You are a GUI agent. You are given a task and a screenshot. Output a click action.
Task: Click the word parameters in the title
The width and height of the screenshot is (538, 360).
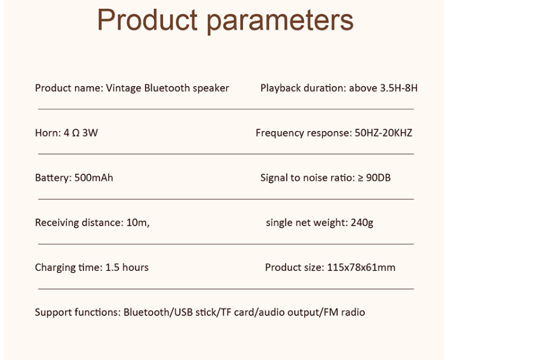click(280, 21)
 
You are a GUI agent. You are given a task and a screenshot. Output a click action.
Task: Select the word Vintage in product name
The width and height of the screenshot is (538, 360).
click(123, 88)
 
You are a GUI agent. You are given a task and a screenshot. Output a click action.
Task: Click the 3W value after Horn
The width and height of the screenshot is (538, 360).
click(90, 133)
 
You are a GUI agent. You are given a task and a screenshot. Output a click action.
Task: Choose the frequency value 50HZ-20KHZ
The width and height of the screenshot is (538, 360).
click(384, 133)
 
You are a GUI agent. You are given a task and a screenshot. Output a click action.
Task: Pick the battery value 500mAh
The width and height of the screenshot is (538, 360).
click(94, 178)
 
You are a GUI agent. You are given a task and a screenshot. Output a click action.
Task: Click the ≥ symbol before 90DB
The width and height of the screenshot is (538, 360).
click(361, 178)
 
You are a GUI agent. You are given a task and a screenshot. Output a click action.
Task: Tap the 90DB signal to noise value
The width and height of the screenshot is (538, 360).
click(378, 178)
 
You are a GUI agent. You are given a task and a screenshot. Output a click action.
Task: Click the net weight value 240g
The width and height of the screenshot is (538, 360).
click(362, 223)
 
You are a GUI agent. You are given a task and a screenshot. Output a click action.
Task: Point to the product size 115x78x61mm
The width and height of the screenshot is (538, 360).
click(361, 268)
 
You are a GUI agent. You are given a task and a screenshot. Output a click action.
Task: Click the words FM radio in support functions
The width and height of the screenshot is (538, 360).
click(344, 312)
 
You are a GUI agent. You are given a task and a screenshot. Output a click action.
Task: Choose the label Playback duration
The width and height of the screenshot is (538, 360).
click(303, 88)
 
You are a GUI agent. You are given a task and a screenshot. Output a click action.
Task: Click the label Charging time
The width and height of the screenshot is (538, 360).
click(68, 268)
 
